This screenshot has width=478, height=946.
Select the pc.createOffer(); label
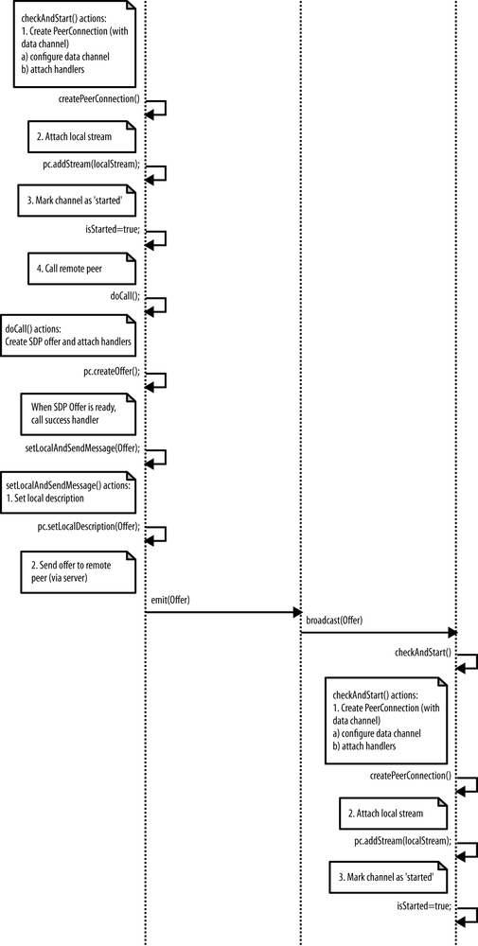(111, 371)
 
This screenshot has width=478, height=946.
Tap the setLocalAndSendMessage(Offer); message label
(81, 447)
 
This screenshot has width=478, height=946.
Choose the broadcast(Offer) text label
(334, 621)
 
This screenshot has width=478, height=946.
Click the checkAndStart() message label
(422, 653)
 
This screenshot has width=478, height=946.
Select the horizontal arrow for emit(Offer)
(222, 613)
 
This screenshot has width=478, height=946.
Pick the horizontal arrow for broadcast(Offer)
(379, 632)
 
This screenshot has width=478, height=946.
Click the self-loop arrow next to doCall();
(157, 306)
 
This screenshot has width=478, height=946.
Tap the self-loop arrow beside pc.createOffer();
(157, 380)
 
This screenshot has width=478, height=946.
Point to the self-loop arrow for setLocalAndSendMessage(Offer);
(157, 457)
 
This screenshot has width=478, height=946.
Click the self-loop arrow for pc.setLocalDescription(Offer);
(157, 534)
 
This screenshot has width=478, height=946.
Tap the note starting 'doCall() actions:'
(68, 334)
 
